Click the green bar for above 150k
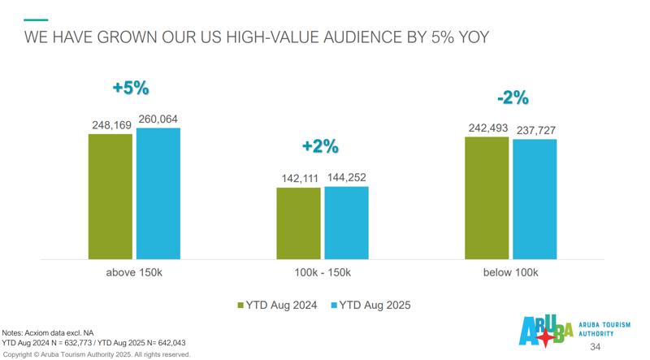(110, 196)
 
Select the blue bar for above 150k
(158, 193)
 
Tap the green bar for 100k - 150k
(298, 223)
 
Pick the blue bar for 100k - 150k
(346, 223)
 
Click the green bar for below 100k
(486, 197)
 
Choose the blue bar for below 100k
(535, 199)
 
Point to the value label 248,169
(110, 126)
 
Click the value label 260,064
(158, 119)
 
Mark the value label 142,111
(298, 178)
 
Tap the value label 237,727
(535, 130)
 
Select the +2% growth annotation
(319, 146)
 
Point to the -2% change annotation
(512, 99)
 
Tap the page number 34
(596, 348)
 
